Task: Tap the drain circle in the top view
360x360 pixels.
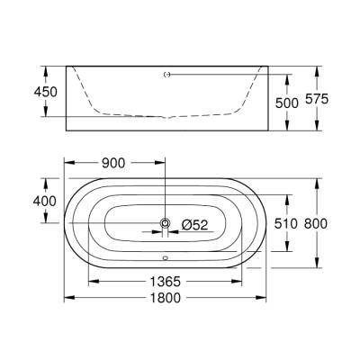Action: coord(165,222)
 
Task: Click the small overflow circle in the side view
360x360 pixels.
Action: coord(165,76)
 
